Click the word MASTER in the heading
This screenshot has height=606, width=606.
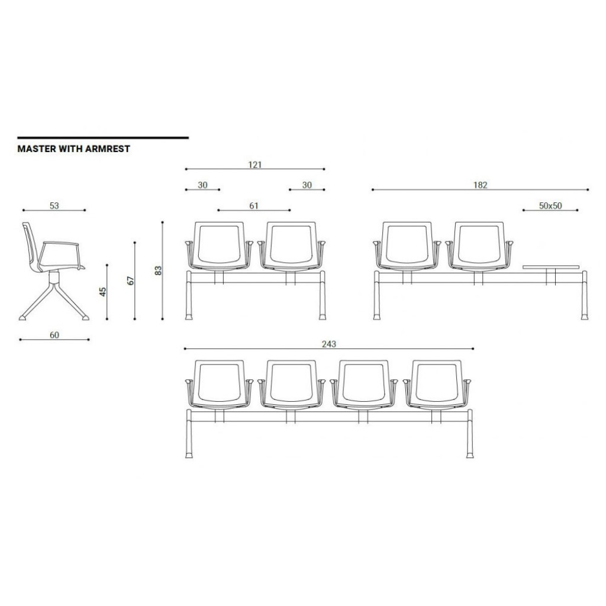[36, 149]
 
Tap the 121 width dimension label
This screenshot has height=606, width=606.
[254, 165]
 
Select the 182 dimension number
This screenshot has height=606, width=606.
[481, 185]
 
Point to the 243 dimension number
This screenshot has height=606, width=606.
[329, 344]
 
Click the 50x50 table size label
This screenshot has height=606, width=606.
[550, 205]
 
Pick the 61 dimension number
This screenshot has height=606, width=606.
[253, 205]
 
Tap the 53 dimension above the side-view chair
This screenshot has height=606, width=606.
[54, 205]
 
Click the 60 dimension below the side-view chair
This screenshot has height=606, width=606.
[54, 335]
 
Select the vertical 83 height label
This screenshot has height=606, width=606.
[158, 270]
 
